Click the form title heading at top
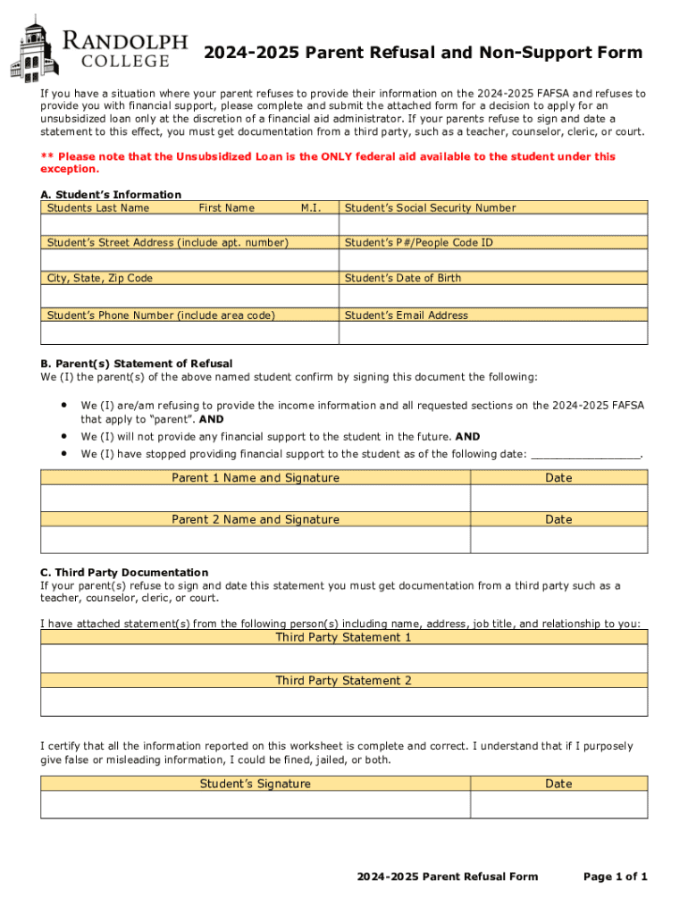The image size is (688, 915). [422, 53]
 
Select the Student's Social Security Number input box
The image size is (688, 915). [493, 225]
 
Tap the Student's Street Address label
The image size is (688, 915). [168, 242]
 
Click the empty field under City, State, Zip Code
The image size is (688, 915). [189, 296]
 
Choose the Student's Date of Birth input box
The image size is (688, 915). [493, 296]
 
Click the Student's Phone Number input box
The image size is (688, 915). [189, 332]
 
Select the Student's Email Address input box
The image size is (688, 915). [493, 332]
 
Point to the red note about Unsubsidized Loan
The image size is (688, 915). [328, 163]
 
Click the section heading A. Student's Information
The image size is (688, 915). [111, 195]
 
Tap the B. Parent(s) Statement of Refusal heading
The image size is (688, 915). [137, 364]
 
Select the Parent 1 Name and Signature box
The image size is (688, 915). [256, 497]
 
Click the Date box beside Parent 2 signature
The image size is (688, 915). [558, 539]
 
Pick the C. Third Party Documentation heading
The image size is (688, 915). [124, 572]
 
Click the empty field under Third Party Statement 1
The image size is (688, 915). [344, 659]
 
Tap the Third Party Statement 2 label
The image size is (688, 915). [344, 681]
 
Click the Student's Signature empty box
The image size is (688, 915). [256, 805]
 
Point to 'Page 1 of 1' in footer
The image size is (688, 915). [615, 877]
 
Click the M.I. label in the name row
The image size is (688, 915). [311, 208]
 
